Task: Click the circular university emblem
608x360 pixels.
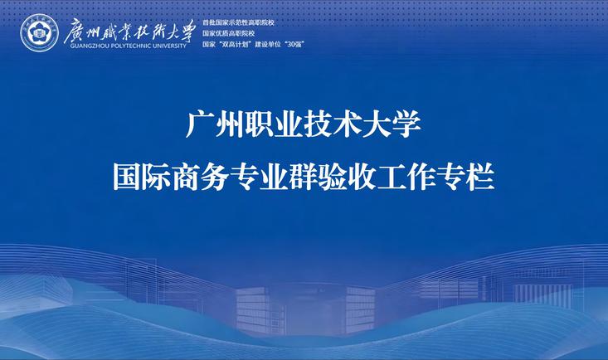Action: coord(39,33)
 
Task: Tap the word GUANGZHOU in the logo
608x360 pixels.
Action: coord(85,46)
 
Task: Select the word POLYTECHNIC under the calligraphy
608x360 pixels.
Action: coord(126,46)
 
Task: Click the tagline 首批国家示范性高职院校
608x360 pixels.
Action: coord(238,22)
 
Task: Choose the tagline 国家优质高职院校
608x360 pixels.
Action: coord(228,33)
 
